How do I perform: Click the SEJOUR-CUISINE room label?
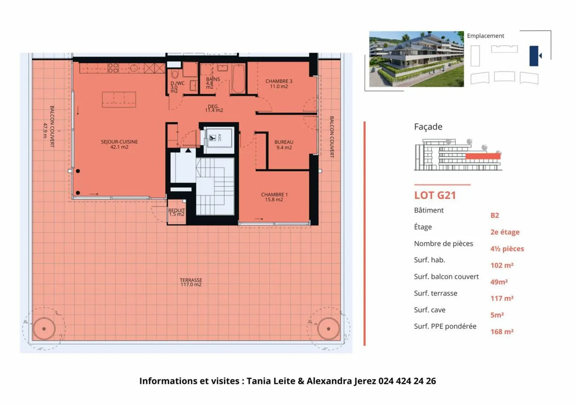[119, 144]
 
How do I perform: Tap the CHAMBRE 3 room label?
[279, 83]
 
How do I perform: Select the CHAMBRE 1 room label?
[274, 197]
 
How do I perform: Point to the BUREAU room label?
[284, 145]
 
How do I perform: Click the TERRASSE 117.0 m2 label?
[191, 282]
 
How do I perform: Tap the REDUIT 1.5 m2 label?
[176, 212]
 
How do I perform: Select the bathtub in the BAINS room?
[238, 79]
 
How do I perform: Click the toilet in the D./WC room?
[175, 74]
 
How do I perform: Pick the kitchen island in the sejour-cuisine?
[119, 99]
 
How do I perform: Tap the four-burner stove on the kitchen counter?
[113, 68]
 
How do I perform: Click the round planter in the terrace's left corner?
[44, 329]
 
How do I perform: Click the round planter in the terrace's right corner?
[328, 329]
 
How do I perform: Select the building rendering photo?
[416, 59]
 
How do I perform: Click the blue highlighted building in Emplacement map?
[534, 56]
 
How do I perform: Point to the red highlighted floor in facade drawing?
[482, 156]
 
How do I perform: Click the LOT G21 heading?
[435, 195]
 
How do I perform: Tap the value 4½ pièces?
[507, 249]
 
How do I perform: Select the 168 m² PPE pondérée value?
[502, 332]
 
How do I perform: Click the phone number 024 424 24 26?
[407, 381]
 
